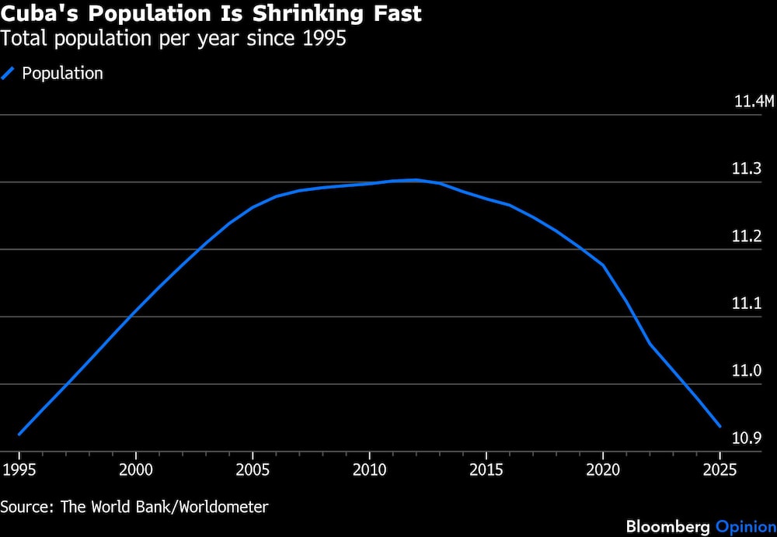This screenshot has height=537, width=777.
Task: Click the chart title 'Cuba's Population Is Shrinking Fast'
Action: tap(211, 15)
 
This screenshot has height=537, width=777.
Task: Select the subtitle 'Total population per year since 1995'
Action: tap(173, 39)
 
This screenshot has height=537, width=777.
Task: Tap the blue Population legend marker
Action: tap(9, 74)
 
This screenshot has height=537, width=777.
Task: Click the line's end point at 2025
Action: tap(720, 426)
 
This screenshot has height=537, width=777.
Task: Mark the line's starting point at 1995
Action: tap(19, 434)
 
